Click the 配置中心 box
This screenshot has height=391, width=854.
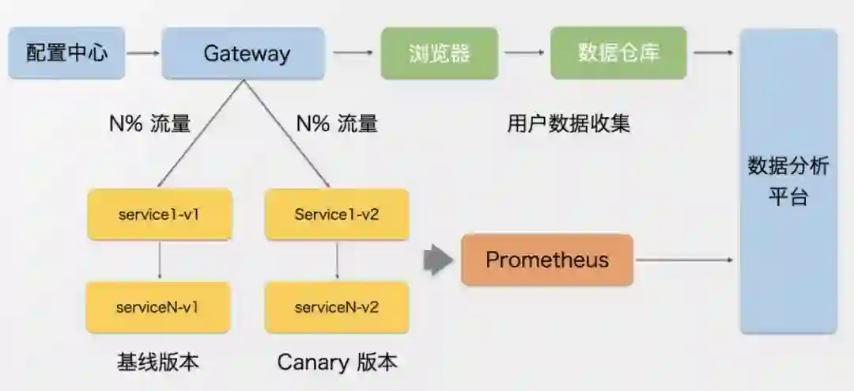(66, 54)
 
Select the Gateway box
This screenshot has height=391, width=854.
(244, 54)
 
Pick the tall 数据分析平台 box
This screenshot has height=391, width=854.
(788, 181)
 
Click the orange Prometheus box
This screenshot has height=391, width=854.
(547, 260)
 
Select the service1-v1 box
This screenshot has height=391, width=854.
(159, 214)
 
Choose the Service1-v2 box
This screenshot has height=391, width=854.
(337, 214)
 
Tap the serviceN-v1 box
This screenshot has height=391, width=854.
(158, 307)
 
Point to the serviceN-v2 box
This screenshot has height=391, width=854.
(337, 307)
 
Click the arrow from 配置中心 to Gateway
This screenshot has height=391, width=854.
(143, 54)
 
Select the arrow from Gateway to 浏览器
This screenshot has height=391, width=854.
(353, 54)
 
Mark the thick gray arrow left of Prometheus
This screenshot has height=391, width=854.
(437, 260)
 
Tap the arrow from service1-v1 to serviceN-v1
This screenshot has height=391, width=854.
(161, 260)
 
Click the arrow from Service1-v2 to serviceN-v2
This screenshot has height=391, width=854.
(338, 260)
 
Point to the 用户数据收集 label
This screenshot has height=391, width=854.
(569, 123)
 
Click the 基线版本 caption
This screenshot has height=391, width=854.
(157, 363)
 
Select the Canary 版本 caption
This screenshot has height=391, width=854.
(337, 363)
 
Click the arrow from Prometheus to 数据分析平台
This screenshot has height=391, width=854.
(685, 260)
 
